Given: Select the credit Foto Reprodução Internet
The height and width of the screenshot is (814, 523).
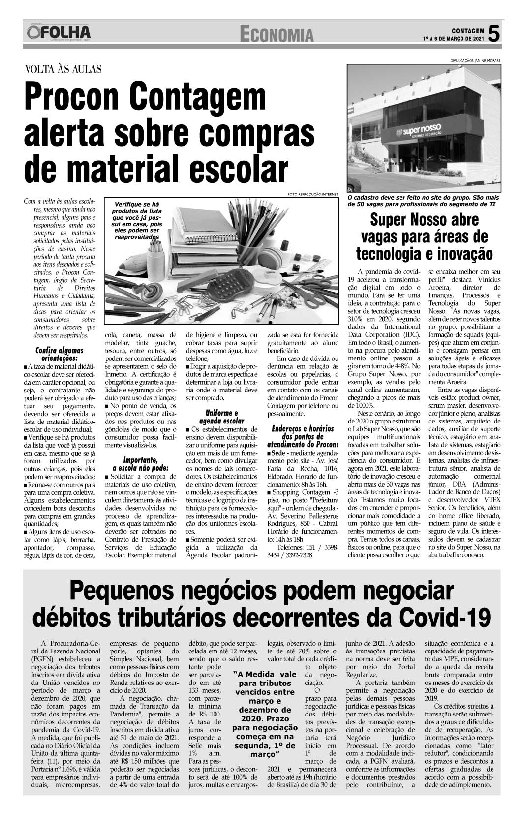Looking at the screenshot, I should point(313,194).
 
